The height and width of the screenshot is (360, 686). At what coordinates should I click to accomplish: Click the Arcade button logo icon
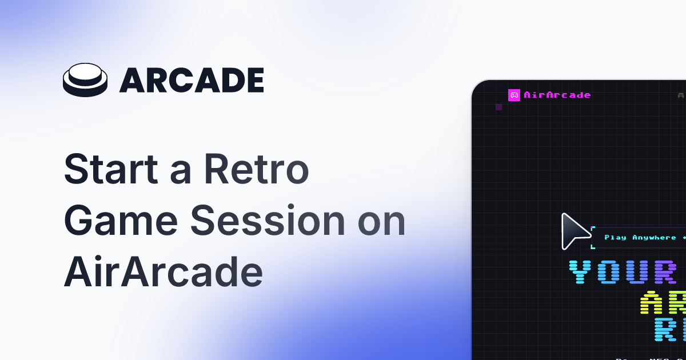click(x=85, y=80)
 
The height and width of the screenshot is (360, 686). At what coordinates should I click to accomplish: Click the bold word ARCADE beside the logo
click(x=192, y=81)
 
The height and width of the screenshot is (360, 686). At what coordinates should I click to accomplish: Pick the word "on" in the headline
click(x=382, y=223)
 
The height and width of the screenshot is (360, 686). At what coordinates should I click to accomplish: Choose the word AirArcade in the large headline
click(x=163, y=273)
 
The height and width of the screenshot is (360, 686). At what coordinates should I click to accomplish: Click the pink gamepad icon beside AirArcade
click(x=514, y=95)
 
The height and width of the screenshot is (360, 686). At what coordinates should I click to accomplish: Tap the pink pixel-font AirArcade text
click(x=557, y=95)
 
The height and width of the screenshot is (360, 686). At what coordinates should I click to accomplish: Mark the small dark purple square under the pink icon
click(x=499, y=107)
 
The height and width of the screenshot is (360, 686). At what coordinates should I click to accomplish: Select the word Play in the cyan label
click(x=616, y=238)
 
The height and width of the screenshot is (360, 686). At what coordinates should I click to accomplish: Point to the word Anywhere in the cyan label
click(x=654, y=238)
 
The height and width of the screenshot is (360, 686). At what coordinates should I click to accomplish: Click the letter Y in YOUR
click(x=584, y=272)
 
